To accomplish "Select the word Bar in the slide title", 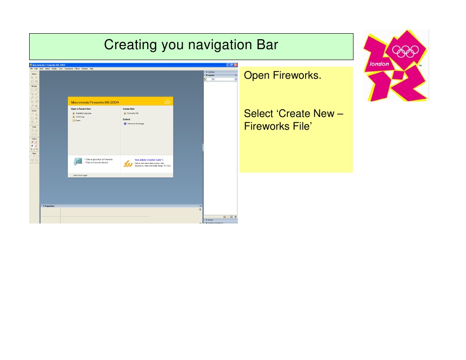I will point(265,46).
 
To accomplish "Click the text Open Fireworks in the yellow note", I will point(282,75).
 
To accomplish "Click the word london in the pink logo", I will point(379,64).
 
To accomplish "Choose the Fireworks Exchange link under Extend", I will point(135,123).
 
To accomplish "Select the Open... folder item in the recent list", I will point(78,120).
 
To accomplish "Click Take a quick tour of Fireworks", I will point(99,160).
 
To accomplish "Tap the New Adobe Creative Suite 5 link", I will point(149,160).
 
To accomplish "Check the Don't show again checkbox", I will point(71,175).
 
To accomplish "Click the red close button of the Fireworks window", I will point(236,65).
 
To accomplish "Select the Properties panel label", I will point(49,206).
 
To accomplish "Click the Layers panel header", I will point(210,75).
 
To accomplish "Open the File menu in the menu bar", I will point(31,69).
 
